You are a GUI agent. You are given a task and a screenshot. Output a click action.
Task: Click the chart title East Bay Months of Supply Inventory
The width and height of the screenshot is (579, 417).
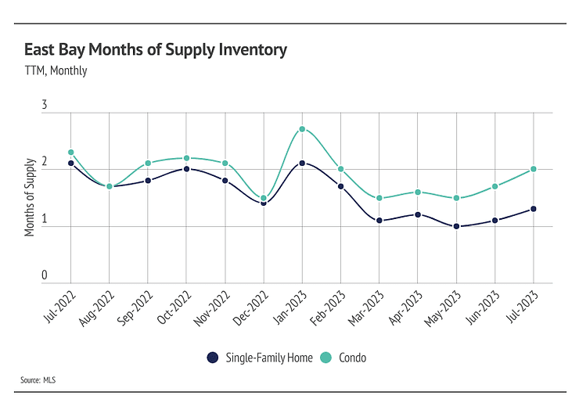pyautogui.click(x=156, y=50)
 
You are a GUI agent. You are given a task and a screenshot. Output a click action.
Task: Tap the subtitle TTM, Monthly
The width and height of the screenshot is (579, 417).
pyautogui.click(x=56, y=70)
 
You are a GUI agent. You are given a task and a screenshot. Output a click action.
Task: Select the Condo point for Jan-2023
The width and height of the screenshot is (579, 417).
pyautogui.click(x=302, y=129)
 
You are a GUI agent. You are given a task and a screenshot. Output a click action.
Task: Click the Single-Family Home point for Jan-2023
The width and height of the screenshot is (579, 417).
pyautogui.click(x=302, y=163)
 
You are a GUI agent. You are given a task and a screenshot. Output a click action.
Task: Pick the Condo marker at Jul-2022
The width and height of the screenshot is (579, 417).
pyautogui.click(x=71, y=152)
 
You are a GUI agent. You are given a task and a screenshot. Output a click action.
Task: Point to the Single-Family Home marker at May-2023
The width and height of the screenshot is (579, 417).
pyautogui.click(x=456, y=227)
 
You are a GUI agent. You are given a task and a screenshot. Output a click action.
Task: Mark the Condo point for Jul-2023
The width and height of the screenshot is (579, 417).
pyautogui.click(x=534, y=169)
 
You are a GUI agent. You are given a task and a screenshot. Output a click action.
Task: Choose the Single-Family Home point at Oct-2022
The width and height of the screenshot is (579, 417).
pyautogui.click(x=186, y=169)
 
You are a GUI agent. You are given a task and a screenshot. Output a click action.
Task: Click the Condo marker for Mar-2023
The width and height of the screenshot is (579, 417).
pyautogui.click(x=379, y=198)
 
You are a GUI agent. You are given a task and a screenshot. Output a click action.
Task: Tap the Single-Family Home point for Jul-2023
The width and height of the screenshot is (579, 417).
pyautogui.click(x=534, y=209)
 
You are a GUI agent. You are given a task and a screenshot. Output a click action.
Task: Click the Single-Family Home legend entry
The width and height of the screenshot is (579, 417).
pyautogui.click(x=260, y=358)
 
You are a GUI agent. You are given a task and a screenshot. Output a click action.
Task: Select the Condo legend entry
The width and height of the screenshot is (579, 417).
pyautogui.click(x=344, y=358)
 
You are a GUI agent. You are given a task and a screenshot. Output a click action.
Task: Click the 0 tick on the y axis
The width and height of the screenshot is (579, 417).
pyautogui.click(x=45, y=275)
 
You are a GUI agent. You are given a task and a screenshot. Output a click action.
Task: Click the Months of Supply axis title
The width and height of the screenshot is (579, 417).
pyautogui.click(x=30, y=197)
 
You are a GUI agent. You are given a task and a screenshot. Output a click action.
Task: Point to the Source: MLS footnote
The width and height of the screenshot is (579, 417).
pyautogui.click(x=38, y=381)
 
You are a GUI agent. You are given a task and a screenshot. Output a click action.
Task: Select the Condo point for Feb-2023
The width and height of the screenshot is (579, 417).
pyautogui.click(x=340, y=169)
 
